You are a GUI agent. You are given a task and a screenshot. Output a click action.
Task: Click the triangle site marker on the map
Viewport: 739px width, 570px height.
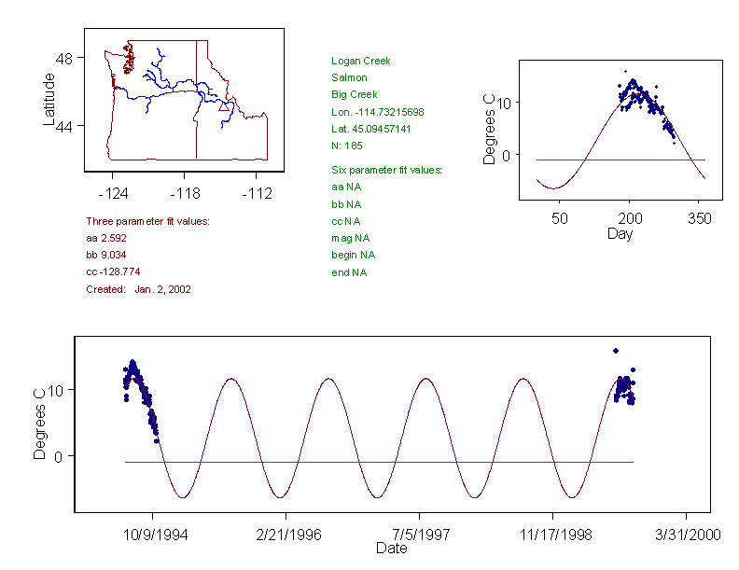(223, 107)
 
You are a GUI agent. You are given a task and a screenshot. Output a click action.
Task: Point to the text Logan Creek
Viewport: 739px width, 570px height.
(360, 61)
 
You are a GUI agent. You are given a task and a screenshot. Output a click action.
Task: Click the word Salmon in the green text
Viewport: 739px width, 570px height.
(349, 77)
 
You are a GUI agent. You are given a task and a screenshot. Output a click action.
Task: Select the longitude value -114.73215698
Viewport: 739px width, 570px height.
(377, 111)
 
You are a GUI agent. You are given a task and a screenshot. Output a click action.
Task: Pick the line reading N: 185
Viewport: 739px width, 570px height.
(347, 145)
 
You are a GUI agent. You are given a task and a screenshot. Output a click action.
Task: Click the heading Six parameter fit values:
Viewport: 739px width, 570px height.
(386, 170)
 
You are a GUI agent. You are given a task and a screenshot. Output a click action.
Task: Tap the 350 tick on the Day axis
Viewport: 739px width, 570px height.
(700, 218)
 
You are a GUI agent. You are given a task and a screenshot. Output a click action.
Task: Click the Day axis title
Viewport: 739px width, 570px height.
(619, 233)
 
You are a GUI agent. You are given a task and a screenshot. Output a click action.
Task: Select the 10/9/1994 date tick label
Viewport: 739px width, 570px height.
(153, 535)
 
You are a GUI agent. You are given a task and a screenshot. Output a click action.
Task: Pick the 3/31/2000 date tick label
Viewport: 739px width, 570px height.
(687, 535)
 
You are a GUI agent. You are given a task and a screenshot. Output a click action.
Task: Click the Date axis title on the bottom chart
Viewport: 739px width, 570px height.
(391, 548)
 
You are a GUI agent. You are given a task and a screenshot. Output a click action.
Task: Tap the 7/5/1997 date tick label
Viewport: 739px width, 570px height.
(419, 535)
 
